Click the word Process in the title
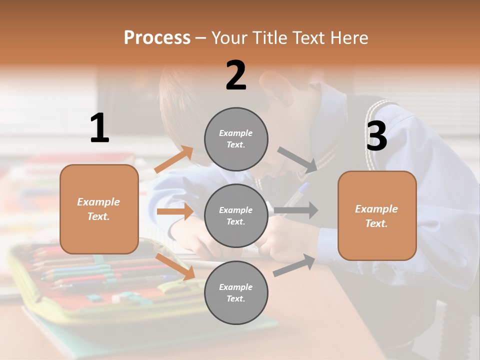[x=157, y=38]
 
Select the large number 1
[x=99, y=128]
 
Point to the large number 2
[x=236, y=75]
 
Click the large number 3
[x=376, y=136]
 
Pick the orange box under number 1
[x=99, y=209]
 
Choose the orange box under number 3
[x=377, y=215]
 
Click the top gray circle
[x=236, y=139]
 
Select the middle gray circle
[x=236, y=215]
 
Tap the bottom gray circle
[x=236, y=292]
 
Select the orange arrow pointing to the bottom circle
[x=175, y=266]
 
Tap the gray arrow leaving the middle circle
[x=296, y=210]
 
